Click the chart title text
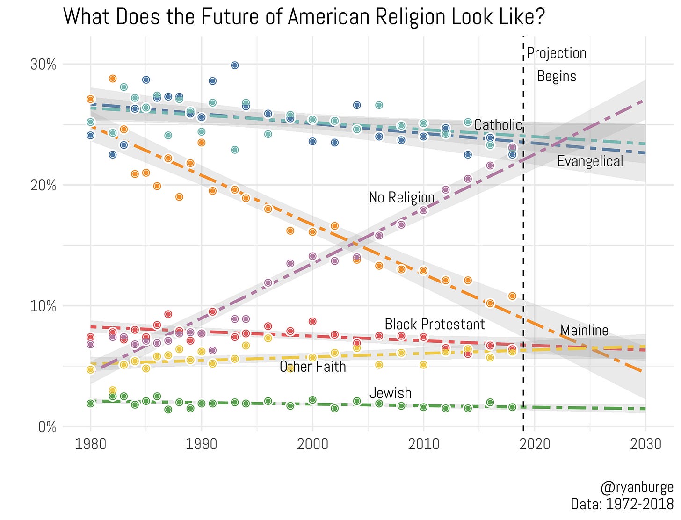[304, 17]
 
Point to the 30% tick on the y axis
[43, 65]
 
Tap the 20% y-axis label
[43, 186]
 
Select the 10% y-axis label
[43, 306]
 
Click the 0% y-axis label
[47, 427]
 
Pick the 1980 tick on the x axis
[90, 444]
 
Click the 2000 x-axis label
[312, 444]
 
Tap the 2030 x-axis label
[645, 444]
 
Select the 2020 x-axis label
[535, 444]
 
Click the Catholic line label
[498, 125]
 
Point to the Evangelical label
[590, 161]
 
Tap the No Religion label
[402, 197]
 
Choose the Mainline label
[584, 331]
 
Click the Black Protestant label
[435, 325]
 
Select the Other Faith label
[313, 367]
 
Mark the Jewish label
[391, 393]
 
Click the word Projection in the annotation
[557, 53]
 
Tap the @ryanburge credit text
[637, 488]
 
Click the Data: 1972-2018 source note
[622, 505]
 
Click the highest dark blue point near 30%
[235, 65]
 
